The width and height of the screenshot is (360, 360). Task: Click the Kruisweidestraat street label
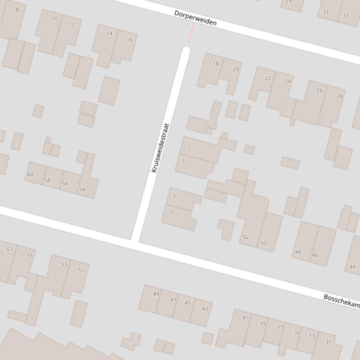[x=160, y=148]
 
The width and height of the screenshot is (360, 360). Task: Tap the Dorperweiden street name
[x=195, y=18]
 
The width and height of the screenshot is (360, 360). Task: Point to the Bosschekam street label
[x=341, y=301]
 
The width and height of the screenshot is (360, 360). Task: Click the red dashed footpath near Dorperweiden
[x=191, y=34]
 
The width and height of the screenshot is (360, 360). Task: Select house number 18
[x=216, y=64]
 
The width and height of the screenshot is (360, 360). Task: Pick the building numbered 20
[x=235, y=69]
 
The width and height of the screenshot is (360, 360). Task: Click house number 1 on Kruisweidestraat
[x=189, y=147]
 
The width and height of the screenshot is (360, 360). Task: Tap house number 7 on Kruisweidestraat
[x=171, y=213]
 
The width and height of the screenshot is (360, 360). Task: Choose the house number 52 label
[x=246, y=237]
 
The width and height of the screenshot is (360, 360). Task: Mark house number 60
[x=30, y=174]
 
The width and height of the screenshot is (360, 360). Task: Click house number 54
[x=82, y=189]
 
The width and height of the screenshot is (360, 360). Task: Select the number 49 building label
[x=156, y=294]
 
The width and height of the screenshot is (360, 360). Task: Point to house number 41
[x=245, y=318]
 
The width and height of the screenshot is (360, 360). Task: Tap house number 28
[x=339, y=96]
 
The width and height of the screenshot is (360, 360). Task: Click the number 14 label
[x=110, y=34]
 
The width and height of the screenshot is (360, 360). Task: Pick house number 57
[x=9, y=249]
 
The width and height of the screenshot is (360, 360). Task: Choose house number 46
[x=315, y=255]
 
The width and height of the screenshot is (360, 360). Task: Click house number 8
[x=17, y=9]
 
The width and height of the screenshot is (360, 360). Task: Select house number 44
[x=353, y=267]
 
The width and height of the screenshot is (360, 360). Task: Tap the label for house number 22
[x=267, y=78]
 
